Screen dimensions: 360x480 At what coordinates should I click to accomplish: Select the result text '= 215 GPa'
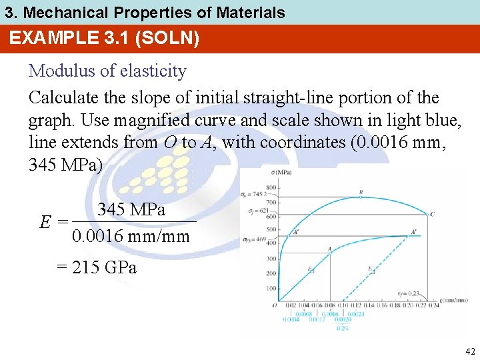coord(97,267)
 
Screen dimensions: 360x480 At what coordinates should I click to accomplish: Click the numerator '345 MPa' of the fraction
coord(132,209)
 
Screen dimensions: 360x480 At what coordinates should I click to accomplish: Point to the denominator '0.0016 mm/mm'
coord(131,236)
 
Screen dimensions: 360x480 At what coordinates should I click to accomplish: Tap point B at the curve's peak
coord(361,193)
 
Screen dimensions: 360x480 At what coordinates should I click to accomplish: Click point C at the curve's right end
coord(433,214)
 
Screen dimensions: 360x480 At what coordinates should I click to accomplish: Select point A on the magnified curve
coord(329,249)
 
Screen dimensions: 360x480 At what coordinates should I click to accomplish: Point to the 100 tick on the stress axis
coord(271,288)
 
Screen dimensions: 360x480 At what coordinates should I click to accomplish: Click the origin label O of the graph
coord(273,305)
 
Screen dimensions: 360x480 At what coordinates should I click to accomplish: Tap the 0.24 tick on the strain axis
coord(433,305)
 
